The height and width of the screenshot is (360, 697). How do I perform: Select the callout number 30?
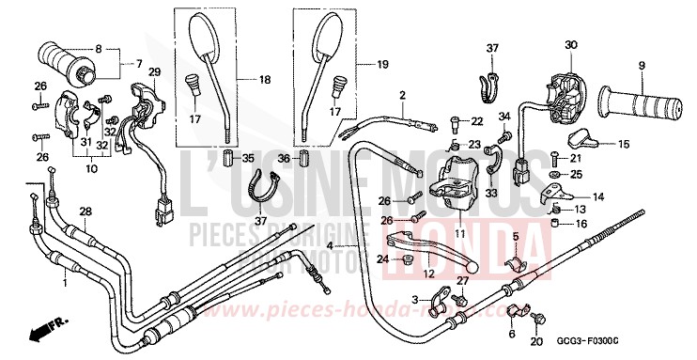(x=569, y=46)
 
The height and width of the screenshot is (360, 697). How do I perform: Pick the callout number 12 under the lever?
(x=428, y=274)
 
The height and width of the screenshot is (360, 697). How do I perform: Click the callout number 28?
(x=85, y=211)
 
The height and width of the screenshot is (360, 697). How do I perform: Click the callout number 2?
(x=401, y=96)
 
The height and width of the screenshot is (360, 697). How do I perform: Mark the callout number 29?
(x=155, y=72)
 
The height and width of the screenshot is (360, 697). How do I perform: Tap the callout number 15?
(x=623, y=144)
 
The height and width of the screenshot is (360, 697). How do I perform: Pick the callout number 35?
(x=249, y=157)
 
